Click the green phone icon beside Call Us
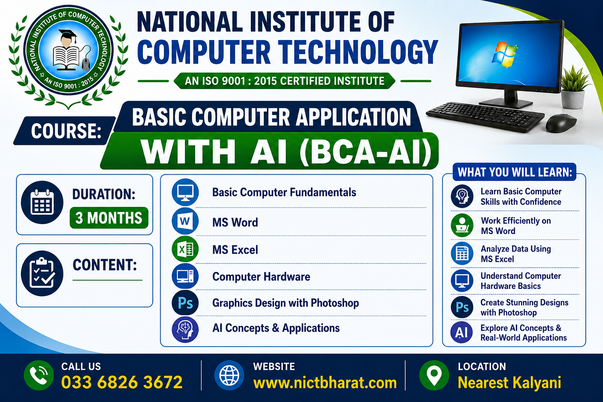(x=39, y=375)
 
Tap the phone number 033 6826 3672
(x=122, y=382)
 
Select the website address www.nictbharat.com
(x=325, y=383)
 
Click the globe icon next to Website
(x=229, y=375)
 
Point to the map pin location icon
(x=434, y=375)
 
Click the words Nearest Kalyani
(x=509, y=383)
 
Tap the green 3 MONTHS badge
(x=109, y=217)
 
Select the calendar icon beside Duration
(x=42, y=202)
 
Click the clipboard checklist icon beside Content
(x=42, y=273)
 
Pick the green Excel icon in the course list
(x=185, y=249)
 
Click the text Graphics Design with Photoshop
(x=285, y=303)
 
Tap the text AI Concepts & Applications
(x=276, y=328)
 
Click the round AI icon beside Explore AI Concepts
(x=462, y=332)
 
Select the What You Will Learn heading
(x=515, y=172)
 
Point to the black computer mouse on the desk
(x=561, y=123)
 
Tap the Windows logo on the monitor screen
(x=504, y=55)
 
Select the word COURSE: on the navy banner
(x=66, y=131)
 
